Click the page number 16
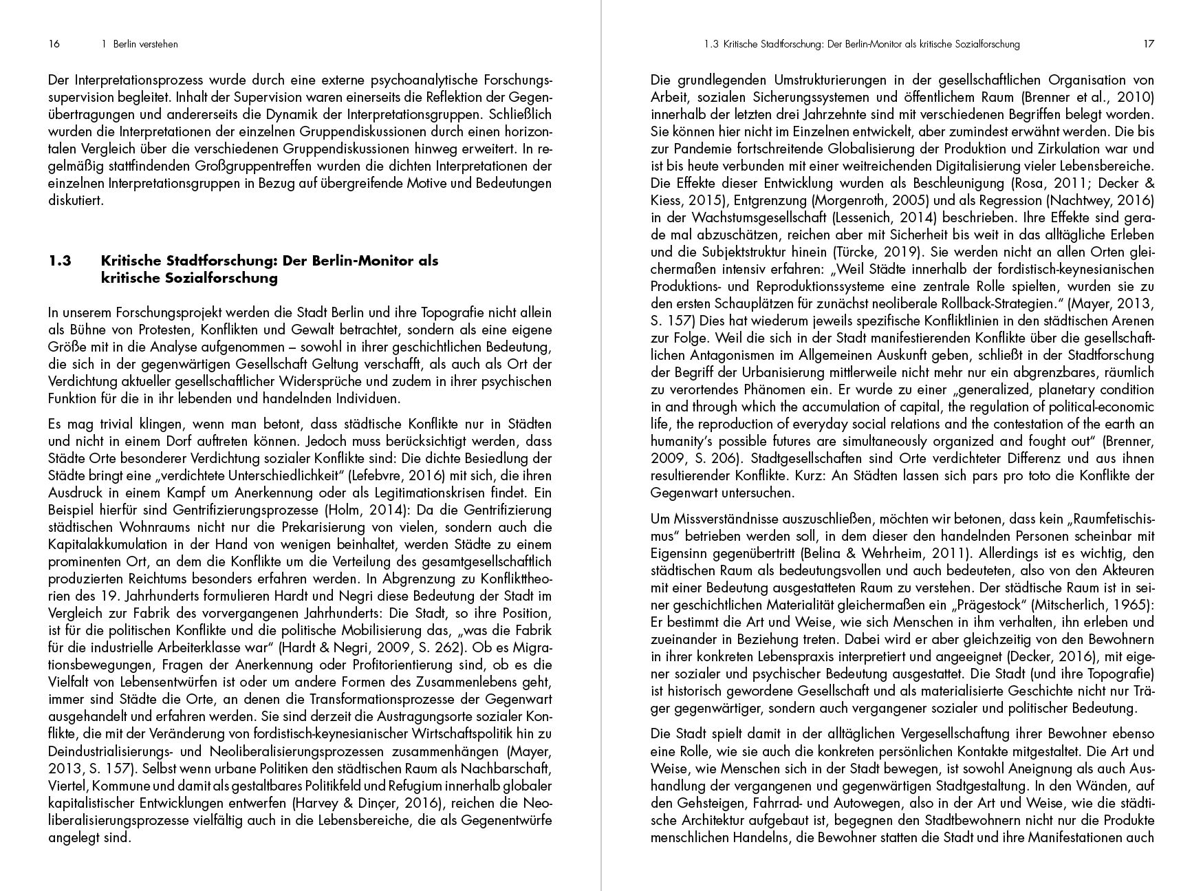[x=54, y=44]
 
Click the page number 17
[x=1148, y=44]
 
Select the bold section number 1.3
[x=61, y=261]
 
